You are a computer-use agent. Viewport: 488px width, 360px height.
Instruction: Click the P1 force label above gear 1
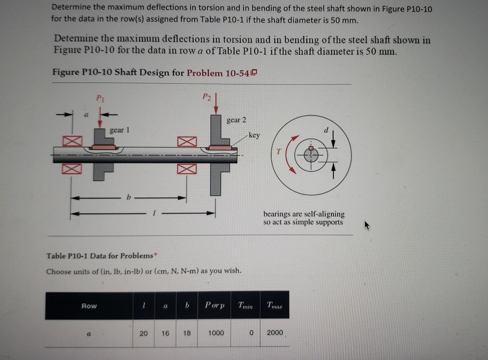coord(100,99)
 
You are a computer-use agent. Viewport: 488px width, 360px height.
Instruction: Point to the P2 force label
coord(207,97)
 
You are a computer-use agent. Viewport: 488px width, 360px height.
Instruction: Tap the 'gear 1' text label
coord(119,130)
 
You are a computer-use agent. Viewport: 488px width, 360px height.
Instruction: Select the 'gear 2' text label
coord(236,120)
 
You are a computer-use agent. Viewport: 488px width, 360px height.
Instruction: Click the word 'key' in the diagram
coord(254,135)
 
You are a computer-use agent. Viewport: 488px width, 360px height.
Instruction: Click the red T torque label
coord(278,152)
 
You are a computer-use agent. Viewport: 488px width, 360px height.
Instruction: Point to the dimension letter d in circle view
coord(326,130)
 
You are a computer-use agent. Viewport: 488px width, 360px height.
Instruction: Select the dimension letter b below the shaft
coord(128,197)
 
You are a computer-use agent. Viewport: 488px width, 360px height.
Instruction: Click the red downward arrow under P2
coord(216,103)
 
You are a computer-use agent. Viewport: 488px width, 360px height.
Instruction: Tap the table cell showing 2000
coord(275,333)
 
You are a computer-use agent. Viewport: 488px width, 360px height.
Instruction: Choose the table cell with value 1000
coord(216,333)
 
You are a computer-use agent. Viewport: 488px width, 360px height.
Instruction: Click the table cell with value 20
coord(143,333)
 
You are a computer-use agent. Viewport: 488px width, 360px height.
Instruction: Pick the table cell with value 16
coord(165,333)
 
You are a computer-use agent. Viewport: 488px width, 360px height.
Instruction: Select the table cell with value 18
coord(187,333)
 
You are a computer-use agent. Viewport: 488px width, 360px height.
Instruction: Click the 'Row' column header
coord(89,306)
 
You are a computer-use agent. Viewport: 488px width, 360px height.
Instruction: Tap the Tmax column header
coord(274,305)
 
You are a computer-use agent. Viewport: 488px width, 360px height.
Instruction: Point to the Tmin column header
coord(245,305)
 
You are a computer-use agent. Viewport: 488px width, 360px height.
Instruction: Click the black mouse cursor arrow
coord(367,225)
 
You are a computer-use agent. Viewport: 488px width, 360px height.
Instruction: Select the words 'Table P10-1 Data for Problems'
coord(100,256)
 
